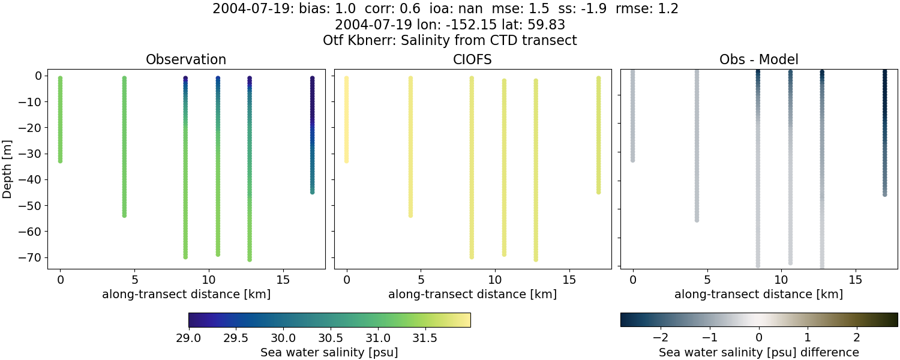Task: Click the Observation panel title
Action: (186, 59)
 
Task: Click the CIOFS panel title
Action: (473, 59)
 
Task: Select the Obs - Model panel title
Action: (758, 59)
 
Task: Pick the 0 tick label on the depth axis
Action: (37, 76)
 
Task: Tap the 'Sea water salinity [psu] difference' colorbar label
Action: (758, 352)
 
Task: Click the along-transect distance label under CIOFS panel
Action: (473, 294)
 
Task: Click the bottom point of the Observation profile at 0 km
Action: (60, 161)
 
